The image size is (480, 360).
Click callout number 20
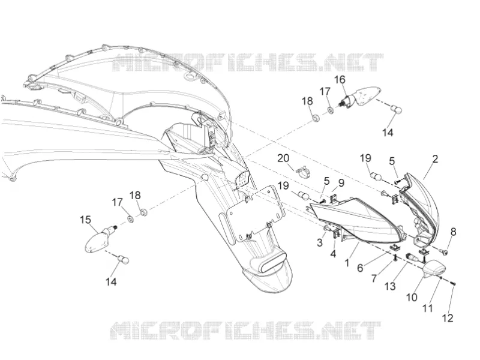pos(283,158)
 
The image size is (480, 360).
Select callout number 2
pos(435,159)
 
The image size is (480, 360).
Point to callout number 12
pos(448,318)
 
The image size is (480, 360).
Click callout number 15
pos(85,220)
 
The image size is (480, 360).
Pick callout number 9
pos(341,183)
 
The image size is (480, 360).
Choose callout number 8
pos(454,232)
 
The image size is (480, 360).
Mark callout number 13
pos(390,286)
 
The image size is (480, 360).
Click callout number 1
pos(347,263)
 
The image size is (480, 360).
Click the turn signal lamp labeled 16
pos(361,97)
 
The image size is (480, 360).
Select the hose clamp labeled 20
pos(302,173)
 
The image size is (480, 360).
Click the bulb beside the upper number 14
pos(397,109)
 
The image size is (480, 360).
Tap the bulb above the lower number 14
pos(124,259)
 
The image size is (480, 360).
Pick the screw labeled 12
pos(454,284)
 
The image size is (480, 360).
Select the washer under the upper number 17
pos(331,110)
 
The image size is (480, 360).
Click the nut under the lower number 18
pos(143,212)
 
